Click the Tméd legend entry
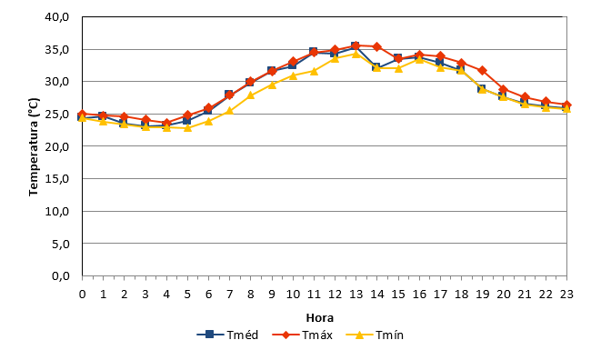click(x=227, y=335)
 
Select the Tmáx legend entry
click(x=303, y=335)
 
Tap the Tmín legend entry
click(x=375, y=335)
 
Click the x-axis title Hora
click(x=320, y=318)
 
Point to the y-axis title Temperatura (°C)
click(x=34, y=147)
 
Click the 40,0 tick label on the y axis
click(x=56, y=17)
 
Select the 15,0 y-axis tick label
click(x=56, y=179)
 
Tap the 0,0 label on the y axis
click(x=60, y=275)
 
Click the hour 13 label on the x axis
click(x=356, y=294)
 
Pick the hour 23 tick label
click(x=566, y=294)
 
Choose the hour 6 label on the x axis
click(x=208, y=294)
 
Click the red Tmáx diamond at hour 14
click(x=376, y=46)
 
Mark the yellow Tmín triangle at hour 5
click(x=187, y=127)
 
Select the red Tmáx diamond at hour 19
click(x=482, y=71)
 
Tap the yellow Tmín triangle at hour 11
click(x=314, y=71)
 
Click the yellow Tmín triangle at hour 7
click(x=229, y=111)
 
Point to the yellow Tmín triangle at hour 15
click(x=398, y=68)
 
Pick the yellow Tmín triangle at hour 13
click(x=356, y=54)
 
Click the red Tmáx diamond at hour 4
click(x=166, y=123)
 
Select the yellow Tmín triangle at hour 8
click(x=250, y=95)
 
